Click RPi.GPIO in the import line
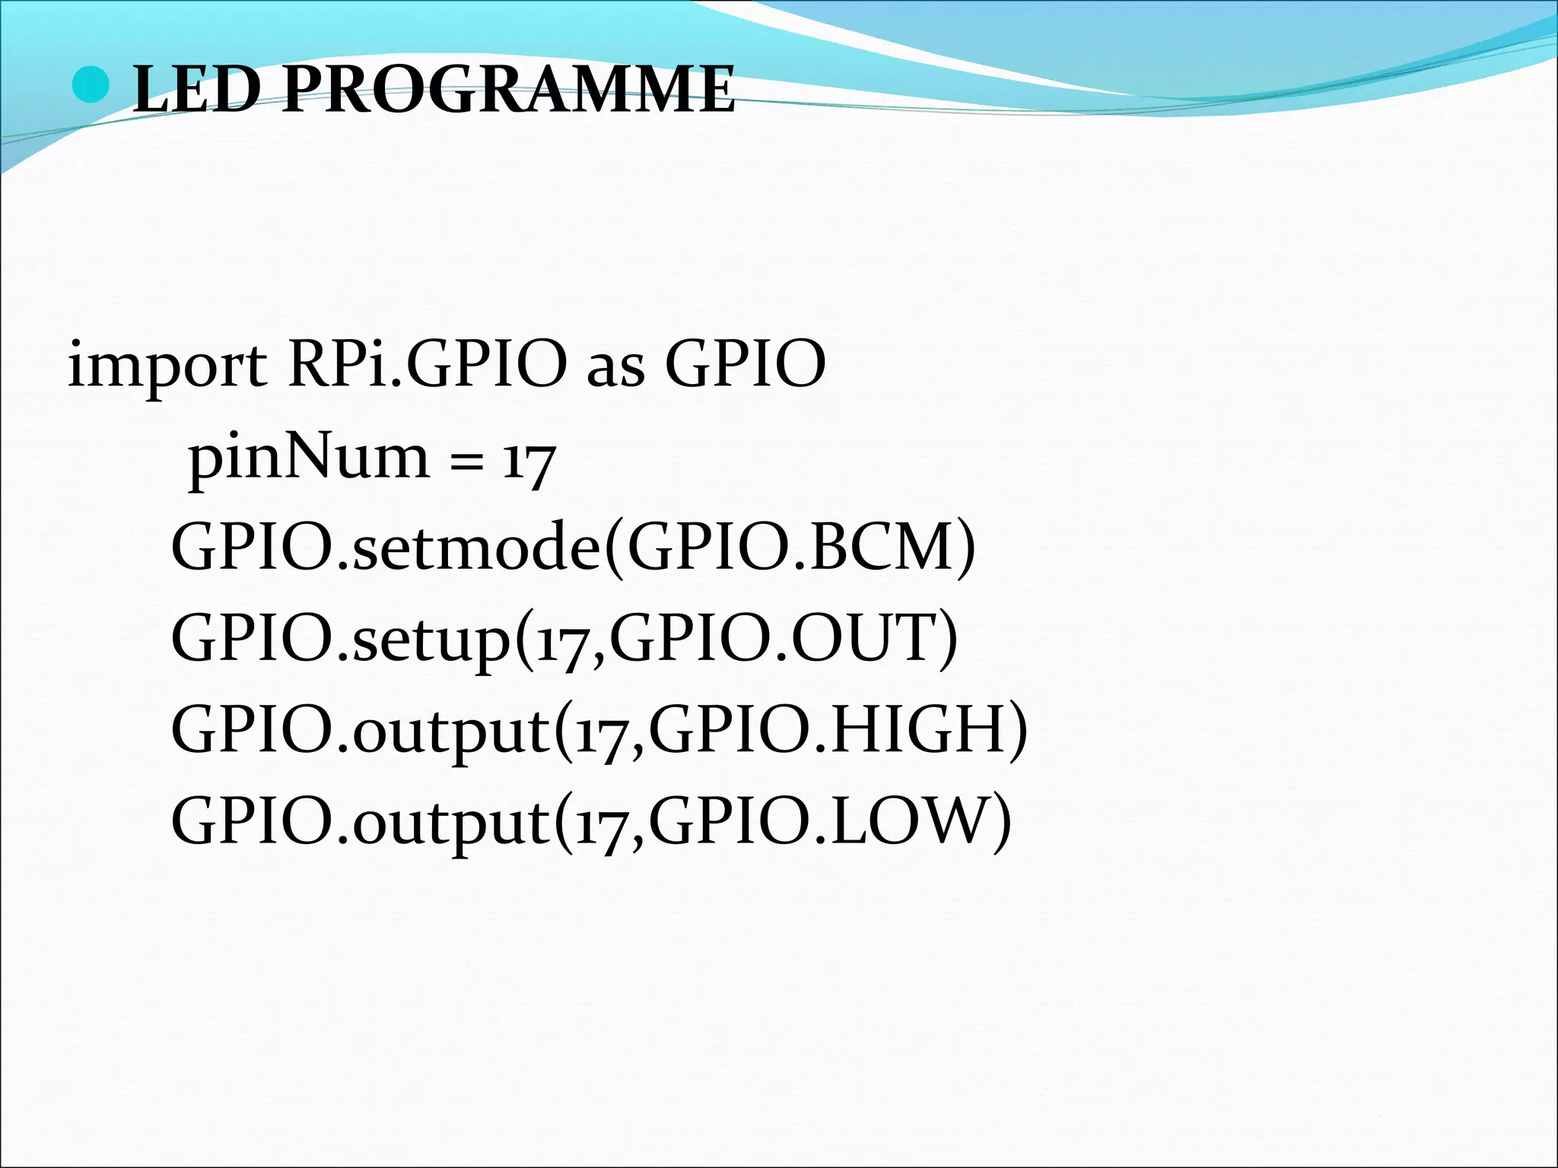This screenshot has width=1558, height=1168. (x=427, y=363)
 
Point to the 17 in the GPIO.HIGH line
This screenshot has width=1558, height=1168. (x=601, y=732)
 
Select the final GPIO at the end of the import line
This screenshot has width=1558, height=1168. (x=746, y=363)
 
